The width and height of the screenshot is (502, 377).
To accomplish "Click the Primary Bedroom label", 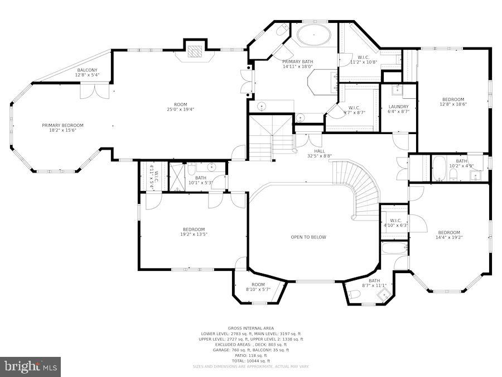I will (x=62, y=127).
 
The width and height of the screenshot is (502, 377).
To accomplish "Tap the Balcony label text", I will (x=86, y=73).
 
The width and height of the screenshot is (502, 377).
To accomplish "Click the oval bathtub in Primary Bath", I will (x=313, y=35).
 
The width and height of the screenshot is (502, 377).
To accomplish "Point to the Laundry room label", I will (x=398, y=109).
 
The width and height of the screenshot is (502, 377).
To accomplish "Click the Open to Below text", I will (x=308, y=237).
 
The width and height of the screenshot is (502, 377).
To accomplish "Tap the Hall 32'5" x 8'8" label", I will (x=319, y=154).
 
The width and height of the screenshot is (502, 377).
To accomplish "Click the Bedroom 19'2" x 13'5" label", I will (x=194, y=232).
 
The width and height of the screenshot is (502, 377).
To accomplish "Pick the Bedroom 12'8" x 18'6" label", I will (x=452, y=102).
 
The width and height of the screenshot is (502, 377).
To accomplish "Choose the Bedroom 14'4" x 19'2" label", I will (x=449, y=235).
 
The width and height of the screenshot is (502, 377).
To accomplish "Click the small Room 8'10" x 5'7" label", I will (x=258, y=287).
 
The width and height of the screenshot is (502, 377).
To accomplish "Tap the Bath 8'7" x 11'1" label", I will (x=374, y=283).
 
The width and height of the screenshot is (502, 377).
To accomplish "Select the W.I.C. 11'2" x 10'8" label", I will (x=363, y=59).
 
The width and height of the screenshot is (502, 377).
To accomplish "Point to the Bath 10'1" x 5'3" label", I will (x=200, y=180).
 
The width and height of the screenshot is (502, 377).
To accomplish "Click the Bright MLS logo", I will (x=31, y=366).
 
